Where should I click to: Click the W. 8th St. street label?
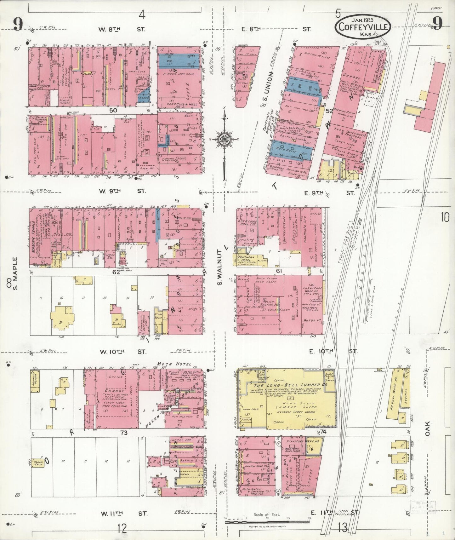click(121, 29)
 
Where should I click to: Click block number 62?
click(117, 272)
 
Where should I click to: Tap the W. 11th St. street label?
click(123, 514)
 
